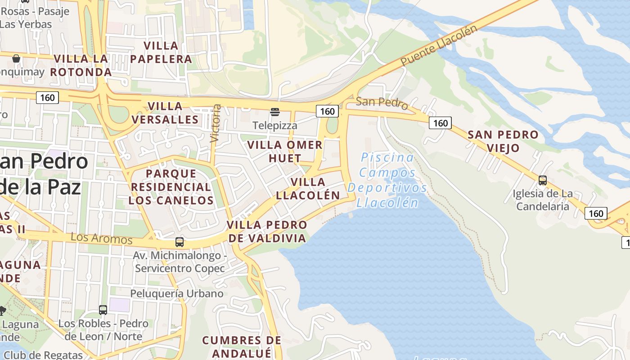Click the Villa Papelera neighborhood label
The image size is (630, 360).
pos(161,52)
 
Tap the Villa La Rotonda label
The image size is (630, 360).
pos(81,65)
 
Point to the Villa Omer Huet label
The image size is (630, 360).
pos(285,152)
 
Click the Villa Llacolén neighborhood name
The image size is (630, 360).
pos(308,189)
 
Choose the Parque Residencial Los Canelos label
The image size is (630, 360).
pos(171,187)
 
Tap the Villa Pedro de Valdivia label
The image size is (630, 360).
pos(267,231)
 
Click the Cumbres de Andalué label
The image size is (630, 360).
pos(242,346)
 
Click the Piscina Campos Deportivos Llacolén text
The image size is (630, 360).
pos(387,180)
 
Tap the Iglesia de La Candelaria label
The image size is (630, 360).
pos(543,200)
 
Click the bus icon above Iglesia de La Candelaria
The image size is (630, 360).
pos(543,180)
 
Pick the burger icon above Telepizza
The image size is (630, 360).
pos(275,112)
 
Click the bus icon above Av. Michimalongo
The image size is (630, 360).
pos(180,242)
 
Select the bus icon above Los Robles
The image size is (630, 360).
pos(103,310)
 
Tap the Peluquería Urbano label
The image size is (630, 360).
pos(177,294)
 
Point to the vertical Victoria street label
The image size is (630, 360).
pos(216,123)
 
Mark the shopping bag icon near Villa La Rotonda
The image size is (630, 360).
pos(16,58)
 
